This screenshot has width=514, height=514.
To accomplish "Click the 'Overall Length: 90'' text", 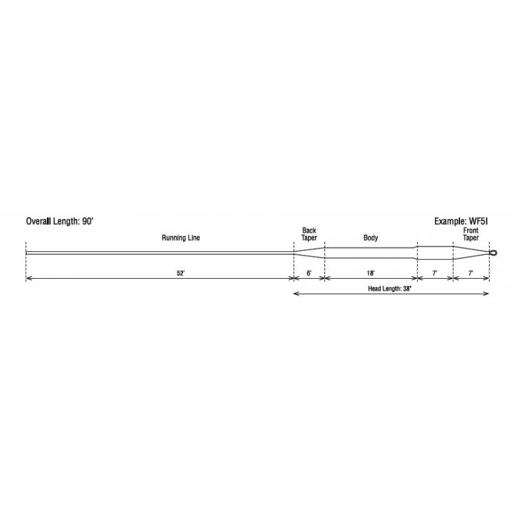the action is click(x=60, y=221).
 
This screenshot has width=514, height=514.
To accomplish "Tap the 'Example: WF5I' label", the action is click(x=461, y=221).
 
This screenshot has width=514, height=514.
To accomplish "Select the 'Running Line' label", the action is click(x=181, y=238).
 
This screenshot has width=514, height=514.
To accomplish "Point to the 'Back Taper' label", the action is click(x=309, y=234).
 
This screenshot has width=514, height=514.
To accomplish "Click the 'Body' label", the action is click(x=371, y=238).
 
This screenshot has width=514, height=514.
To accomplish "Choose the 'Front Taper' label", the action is click(x=471, y=234).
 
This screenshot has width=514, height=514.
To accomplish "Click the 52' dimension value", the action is click(x=181, y=273).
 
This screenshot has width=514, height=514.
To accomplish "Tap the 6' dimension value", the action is click(x=309, y=273).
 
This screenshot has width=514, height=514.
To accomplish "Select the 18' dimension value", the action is click(x=371, y=273).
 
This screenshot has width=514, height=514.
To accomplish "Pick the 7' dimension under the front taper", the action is click(x=471, y=273).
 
